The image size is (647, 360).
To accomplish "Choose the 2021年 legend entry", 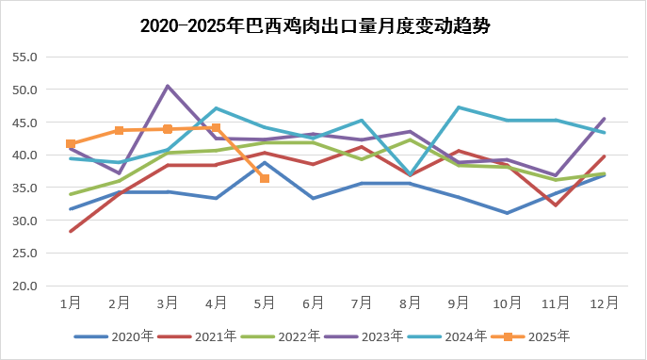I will coord(207,335).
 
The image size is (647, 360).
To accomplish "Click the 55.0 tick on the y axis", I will coord(25,57).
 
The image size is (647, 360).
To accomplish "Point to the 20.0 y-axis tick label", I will coord(25,286).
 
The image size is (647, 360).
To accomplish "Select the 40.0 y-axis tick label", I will coord(25,155).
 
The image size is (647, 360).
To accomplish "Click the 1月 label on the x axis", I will coord(71,303).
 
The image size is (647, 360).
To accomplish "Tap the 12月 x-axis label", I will coord(604,303).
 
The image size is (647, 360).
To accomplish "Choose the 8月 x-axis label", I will coord(410,303).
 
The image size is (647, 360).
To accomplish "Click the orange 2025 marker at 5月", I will coord(265,178).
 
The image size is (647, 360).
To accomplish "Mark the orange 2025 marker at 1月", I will coord(71,144).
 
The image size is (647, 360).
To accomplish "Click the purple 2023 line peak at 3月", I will coord(168,87).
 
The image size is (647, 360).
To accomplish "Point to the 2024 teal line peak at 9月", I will coord(459,107).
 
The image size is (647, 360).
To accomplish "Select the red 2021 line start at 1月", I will coord(71,231).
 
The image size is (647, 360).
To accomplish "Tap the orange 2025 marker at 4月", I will coord(216,128).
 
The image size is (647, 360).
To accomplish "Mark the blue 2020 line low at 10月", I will coord(507,213).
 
